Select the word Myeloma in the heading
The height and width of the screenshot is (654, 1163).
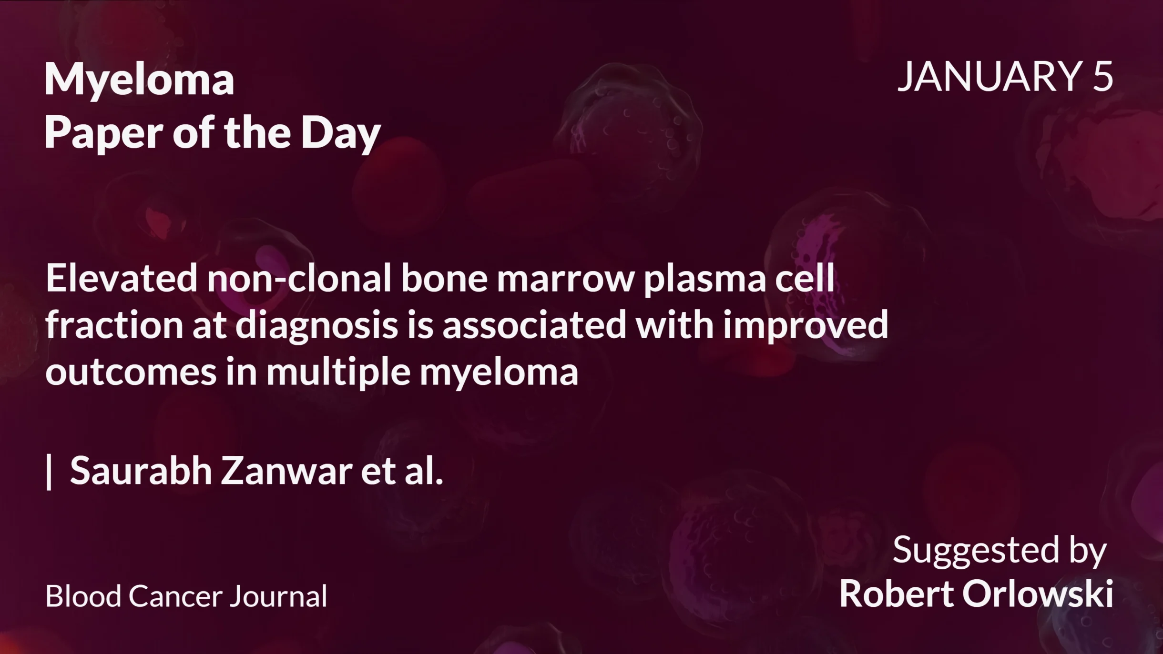(139, 80)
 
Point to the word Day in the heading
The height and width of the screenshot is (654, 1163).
(340, 133)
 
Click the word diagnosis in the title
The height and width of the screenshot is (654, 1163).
(316, 326)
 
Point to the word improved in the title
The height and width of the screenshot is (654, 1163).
(806, 326)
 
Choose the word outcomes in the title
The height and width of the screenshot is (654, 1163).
(131, 372)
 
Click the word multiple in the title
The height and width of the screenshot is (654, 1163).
(338, 372)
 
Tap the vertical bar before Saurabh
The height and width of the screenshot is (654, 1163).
(49, 472)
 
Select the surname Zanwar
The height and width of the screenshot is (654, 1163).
(286, 471)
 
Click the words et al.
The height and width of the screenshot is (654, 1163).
(402, 471)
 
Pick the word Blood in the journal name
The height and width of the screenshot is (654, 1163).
(83, 596)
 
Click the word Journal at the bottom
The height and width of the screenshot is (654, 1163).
(278, 596)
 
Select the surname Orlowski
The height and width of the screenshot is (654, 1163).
(1037, 594)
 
